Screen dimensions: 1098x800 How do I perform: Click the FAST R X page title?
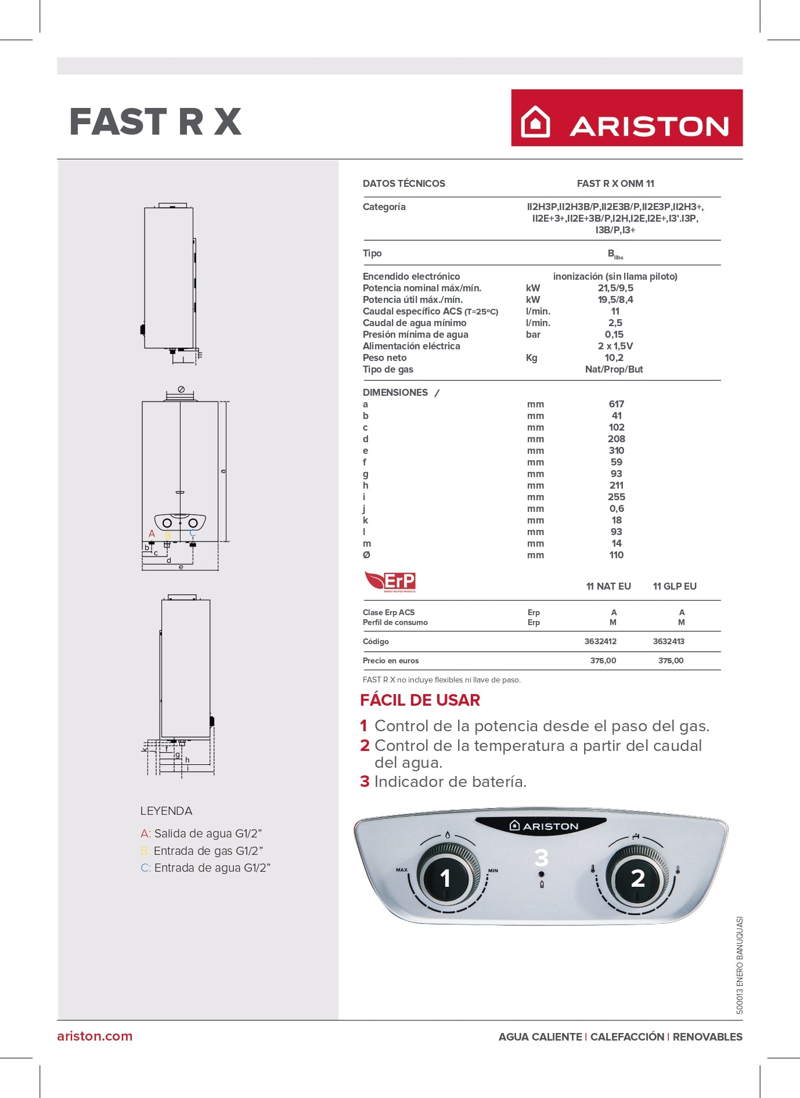point(155,122)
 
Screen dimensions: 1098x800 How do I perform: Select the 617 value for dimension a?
point(616,404)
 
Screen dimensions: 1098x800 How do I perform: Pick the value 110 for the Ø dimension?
point(616,555)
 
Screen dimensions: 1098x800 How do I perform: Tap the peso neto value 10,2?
point(614,357)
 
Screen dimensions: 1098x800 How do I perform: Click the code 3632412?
point(600,641)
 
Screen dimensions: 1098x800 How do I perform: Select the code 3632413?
point(668,641)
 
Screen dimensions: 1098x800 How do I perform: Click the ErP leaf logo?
point(390,581)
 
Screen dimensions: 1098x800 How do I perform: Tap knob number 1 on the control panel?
point(445,878)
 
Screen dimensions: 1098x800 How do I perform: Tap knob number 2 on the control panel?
point(637,878)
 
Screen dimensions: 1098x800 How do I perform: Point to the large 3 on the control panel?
point(541,858)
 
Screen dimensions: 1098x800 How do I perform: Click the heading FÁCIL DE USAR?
point(420,700)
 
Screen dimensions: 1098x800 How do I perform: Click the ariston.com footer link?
point(95,1036)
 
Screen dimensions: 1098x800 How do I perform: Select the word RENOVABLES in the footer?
point(707,1036)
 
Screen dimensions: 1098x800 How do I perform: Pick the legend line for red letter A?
point(201,833)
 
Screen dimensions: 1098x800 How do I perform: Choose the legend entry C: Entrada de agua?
point(206,868)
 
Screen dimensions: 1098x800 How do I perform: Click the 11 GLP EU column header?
point(674,586)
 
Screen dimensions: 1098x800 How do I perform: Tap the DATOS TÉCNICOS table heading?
point(403,183)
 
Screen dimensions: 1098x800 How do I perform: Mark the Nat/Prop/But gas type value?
point(614,369)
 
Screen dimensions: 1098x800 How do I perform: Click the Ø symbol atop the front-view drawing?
point(181,389)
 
